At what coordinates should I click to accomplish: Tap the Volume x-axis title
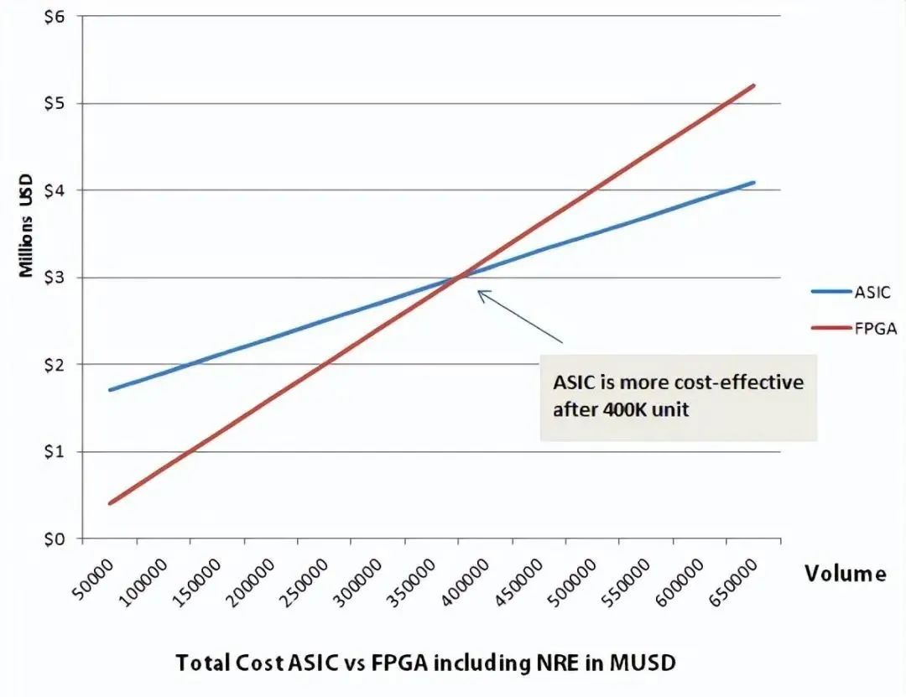click(845, 574)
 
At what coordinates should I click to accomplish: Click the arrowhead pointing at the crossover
click(481, 293)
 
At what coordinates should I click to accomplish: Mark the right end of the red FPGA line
click(754, 86)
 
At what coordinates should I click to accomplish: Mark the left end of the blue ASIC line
click(111, 389)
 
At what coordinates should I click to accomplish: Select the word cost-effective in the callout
click(725, 383)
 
